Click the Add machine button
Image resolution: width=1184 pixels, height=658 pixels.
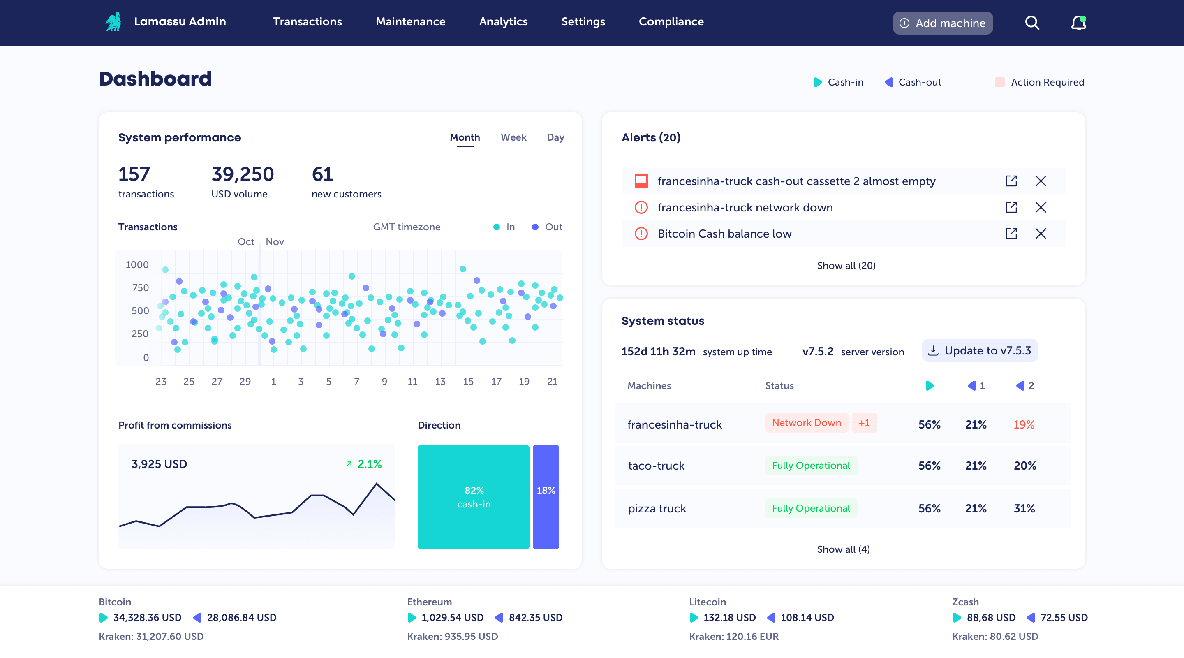pos(942,23)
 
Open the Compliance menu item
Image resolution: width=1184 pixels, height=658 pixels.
pos(671,22)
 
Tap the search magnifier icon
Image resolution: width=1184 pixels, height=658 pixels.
pos(1032,23)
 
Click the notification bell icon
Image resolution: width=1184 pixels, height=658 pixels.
pos(1078,23)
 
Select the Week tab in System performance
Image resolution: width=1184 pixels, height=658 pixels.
pos(513,137)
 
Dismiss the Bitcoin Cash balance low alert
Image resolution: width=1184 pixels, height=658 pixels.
pos(1040,234)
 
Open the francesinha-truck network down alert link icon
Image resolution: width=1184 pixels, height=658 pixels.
pos(1011,207)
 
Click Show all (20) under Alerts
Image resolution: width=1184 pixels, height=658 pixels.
pos(846,265)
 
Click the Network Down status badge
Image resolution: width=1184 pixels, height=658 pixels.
pos(806,423)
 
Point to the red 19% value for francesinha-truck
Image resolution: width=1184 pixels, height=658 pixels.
pos(1024,424)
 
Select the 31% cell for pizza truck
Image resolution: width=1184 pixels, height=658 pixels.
pos(1024,508)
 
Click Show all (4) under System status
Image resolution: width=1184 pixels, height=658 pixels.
pos(843,549)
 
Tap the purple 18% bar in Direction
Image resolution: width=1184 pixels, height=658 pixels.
pos(546,497)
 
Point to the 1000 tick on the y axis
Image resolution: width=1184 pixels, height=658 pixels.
pos(137,265)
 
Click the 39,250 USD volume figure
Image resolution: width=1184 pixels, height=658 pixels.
pos(242,174)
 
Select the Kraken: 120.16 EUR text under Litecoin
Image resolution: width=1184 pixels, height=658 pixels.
pos(733,636)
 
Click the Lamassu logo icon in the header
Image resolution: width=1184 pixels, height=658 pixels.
pos(113,22)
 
